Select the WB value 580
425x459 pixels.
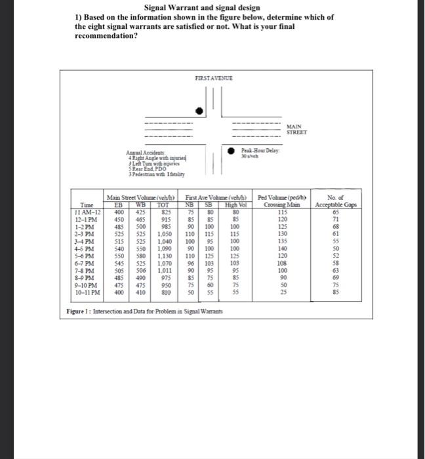pos(140,256)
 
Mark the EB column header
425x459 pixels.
pos(119,205)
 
